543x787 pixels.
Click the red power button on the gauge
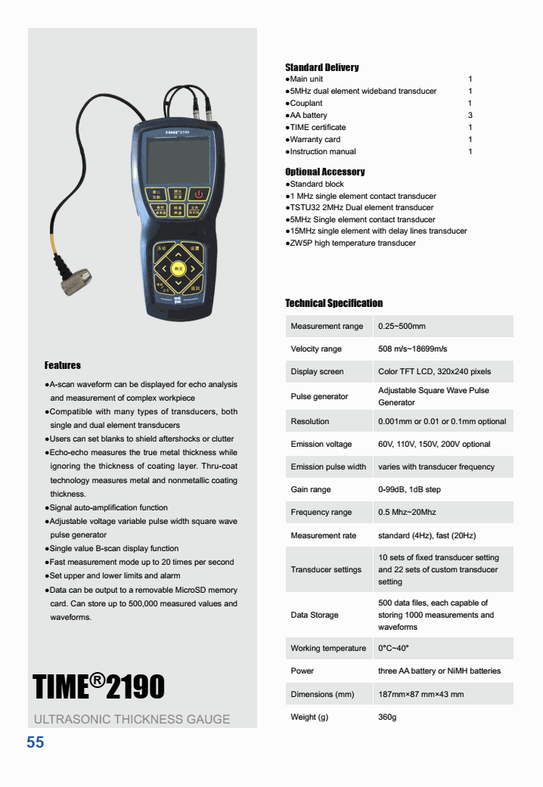tap(198, 194)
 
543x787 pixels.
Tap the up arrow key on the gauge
tap(178, 252)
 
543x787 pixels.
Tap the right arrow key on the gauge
tap(194, 268)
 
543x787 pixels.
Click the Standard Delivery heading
tap(321, 67)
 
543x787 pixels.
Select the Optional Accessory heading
tap(324, 172)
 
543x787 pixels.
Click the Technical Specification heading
tap(334, 303)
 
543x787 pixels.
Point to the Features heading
tap(62, 365)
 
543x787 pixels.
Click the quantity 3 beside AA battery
tap(470, 115)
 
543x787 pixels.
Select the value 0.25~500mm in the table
tap(402, 327)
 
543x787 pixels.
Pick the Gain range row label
tap(311, 490)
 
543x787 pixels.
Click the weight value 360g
tap(387, 717)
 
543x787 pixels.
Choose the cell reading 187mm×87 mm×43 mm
tap(420, 694)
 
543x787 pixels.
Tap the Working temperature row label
tap(328, 649)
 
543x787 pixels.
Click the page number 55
tap(36, 743)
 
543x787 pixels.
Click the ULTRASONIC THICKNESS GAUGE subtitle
tap(132, 719)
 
